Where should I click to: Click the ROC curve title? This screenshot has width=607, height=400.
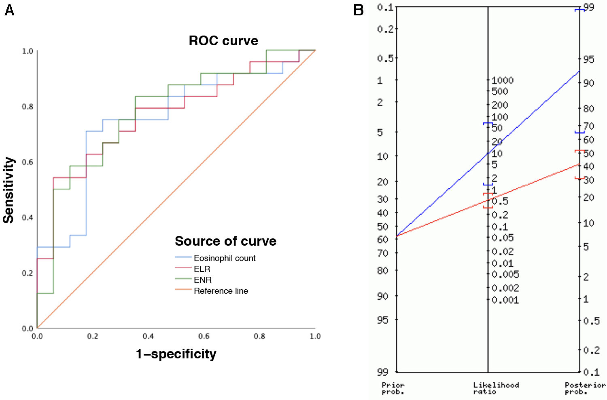223,41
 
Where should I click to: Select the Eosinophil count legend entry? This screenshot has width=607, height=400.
225,258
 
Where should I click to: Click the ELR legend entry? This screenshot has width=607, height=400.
202,269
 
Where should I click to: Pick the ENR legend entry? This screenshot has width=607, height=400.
202,280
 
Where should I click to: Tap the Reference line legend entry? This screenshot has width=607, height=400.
221,291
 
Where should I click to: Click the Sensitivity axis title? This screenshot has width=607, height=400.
8,190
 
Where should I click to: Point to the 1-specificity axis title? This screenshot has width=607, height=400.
176,354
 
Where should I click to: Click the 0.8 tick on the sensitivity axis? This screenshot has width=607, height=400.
28,107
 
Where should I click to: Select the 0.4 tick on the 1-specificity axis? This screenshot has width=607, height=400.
148,336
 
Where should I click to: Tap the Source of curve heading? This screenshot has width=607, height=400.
225,241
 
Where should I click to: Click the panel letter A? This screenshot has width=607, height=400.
9,10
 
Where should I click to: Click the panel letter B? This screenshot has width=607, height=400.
358,10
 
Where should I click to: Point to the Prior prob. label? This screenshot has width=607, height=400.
393,388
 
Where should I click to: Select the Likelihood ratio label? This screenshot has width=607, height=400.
496,388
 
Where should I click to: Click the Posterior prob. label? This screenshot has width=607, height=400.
585,388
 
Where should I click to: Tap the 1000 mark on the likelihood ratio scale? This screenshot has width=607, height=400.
503,80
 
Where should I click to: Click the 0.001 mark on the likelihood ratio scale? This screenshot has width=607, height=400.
505,300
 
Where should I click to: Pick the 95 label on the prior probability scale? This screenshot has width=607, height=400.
382,320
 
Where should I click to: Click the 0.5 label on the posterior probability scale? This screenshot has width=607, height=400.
592,321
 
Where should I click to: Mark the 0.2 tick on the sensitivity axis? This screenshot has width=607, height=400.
28,273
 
